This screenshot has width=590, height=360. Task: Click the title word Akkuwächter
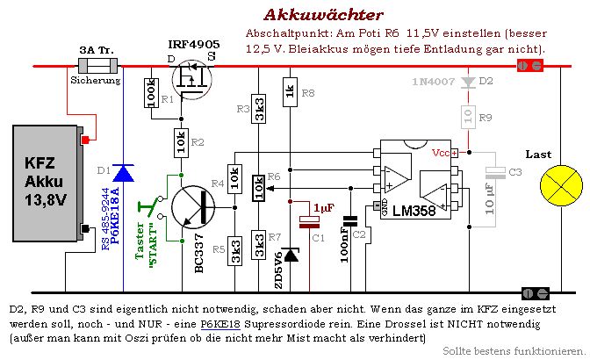324,15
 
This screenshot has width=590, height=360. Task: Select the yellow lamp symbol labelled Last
561,185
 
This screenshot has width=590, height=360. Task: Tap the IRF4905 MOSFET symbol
191,79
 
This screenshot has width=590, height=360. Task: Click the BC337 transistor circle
193,207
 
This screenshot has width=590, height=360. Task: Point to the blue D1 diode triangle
124,173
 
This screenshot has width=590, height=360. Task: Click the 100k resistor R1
151,93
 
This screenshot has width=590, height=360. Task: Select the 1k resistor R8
290,92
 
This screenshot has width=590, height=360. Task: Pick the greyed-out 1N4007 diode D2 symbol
469,83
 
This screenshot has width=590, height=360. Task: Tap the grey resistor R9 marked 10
469,117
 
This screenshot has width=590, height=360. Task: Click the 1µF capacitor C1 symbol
309,222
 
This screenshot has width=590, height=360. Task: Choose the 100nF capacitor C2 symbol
350,221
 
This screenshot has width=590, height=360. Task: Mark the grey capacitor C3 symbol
495,173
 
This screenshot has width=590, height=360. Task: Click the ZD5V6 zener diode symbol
290,255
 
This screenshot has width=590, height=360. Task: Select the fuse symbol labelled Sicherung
97,66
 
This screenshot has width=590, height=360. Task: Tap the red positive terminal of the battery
85,140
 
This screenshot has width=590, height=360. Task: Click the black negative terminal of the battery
85,228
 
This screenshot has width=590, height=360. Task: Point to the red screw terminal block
530,66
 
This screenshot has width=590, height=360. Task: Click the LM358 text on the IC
414,211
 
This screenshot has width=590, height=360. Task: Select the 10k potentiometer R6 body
258,188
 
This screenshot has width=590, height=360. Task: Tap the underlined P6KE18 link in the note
220,324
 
